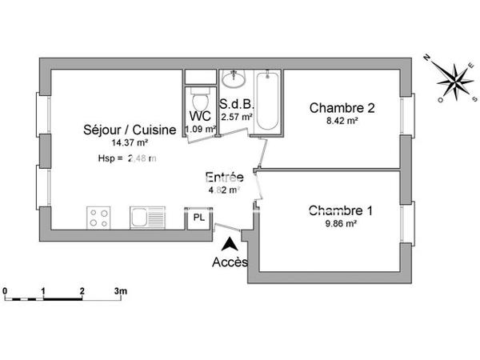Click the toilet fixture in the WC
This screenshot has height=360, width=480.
(200, 101)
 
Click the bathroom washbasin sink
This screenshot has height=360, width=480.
(234, 80)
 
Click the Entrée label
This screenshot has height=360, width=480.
(225, 178)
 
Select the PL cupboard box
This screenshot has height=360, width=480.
(196, 218)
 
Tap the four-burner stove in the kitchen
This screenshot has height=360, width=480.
(99, 218)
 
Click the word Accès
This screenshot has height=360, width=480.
(230, 262)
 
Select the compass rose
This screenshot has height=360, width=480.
(453, 80)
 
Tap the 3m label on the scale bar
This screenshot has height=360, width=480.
(121, 290)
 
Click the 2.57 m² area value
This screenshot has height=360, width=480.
(237, 117)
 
